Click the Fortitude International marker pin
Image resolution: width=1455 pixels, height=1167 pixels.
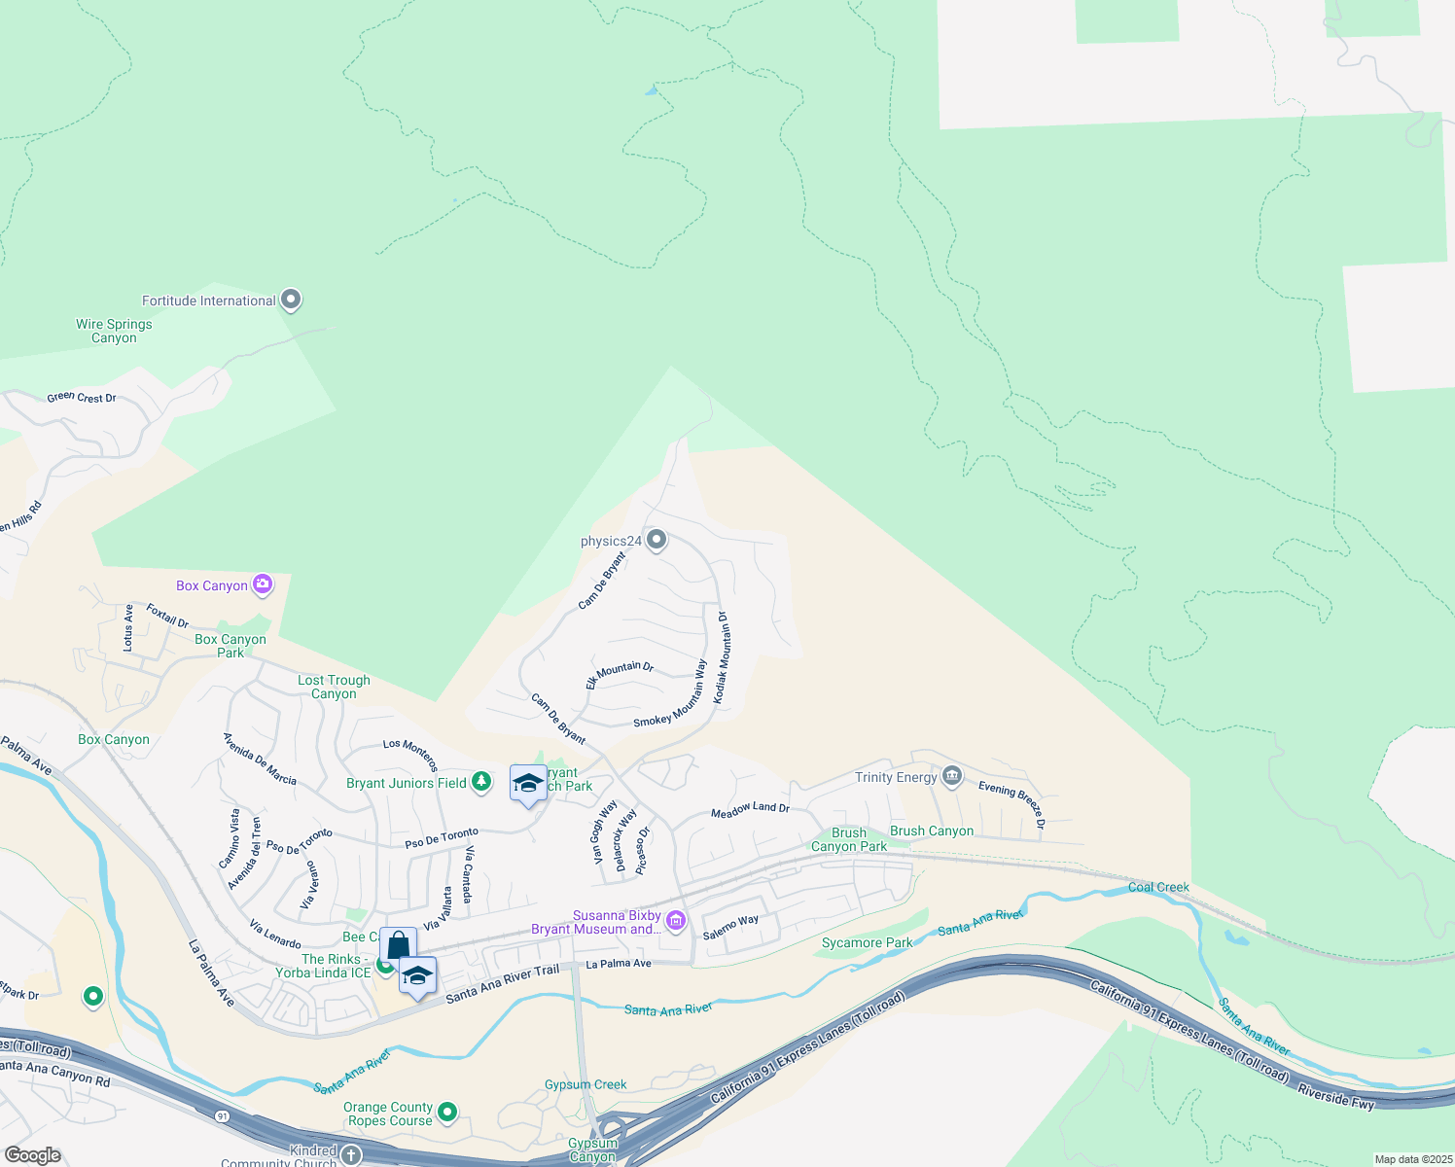pos(291,300)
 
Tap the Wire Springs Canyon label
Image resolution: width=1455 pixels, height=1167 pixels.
pos(114,332)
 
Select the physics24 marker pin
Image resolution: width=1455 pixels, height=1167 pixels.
pos(657,540)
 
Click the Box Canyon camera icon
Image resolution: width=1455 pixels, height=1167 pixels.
pos(262,584)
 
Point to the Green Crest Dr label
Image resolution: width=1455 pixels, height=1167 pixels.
pos(82,398)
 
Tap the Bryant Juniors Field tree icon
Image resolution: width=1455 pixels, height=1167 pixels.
pos(480,782)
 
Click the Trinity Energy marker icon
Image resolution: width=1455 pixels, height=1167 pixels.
pos(952,776)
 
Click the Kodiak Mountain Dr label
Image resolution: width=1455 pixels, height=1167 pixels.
pos(721,657)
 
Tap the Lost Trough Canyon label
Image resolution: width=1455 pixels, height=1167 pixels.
pos(334,688)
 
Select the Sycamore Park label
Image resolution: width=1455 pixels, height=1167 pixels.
pos(867,942)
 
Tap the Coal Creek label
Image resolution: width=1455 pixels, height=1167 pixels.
pos(1158,887)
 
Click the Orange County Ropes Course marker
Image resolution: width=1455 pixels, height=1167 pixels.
pos(447,1111)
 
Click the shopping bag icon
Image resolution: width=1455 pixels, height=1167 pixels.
pos(398,945)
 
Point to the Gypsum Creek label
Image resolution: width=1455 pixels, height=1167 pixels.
pos(586,1084)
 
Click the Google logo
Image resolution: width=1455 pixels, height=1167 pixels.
pos(33,1154)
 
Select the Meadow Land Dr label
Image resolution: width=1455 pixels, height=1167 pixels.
pos(750,809)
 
